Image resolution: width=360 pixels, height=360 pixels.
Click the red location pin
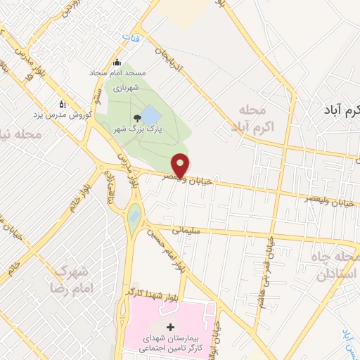(181, 165)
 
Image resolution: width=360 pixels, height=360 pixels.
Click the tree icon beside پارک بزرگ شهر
(135, 117)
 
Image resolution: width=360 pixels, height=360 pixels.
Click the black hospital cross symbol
(169, 327)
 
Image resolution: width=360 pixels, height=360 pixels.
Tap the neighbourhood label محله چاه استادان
(333, 264)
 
